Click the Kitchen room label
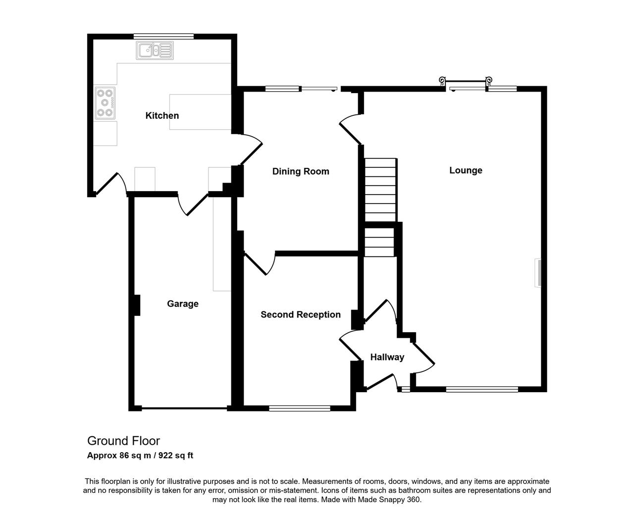[x=162, y=115]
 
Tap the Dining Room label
[x=301, y=171]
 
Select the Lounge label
[x=466, y=170]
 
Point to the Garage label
[x=182, y=304]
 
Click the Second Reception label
[x=301, y=314]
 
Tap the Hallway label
[x=387, y=357]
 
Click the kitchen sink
[x=155, y=51]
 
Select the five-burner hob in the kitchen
[x=105, y=103]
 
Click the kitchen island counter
[x=200, y=112]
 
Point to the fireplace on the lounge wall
[x=538, y=273]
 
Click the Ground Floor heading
[x=123, y=441]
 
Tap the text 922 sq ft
[x=176, y=456]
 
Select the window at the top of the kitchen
[x=163, y=36]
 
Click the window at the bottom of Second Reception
[x=300, y=409]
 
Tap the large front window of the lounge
[x=482, y=389]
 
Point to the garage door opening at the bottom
[x=185, y=408]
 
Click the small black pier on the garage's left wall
[x=137, y=305]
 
